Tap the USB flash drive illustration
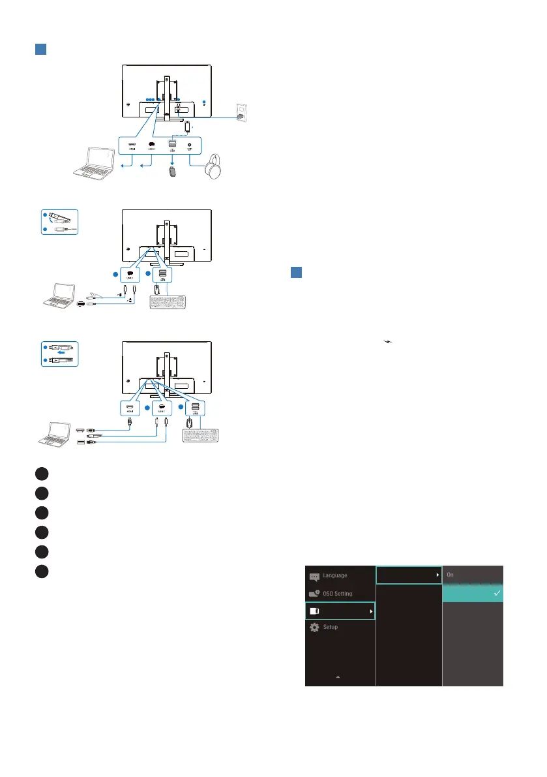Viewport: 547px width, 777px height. point(173,175)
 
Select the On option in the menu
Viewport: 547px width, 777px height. point(451,575)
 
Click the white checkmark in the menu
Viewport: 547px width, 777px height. point(497,593)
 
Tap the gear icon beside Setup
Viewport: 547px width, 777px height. point(314,626)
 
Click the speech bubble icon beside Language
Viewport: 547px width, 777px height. point(314,577)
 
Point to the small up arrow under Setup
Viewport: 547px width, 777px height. point(338,677)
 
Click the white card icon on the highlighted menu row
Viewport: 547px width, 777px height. point(315,611)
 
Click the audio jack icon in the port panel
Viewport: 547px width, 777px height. point(190,146)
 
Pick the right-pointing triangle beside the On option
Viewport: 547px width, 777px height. point(437,575)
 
